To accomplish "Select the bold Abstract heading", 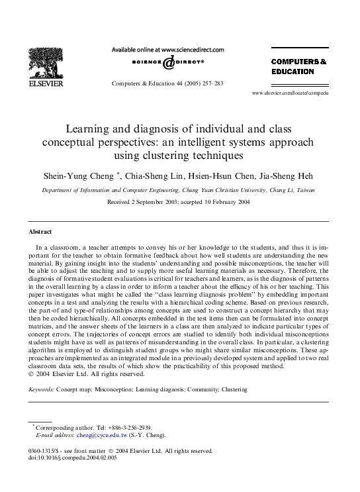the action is [40, 232].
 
